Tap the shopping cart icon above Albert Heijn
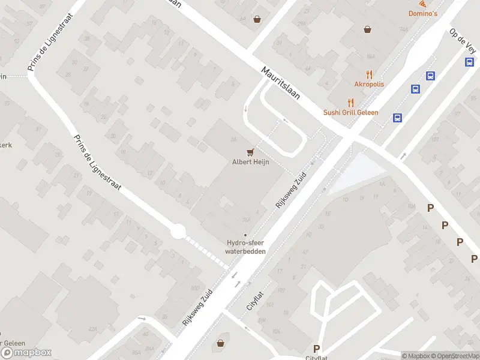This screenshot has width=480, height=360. (x=250, y=152)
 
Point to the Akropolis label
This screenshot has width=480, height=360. (x=369, y=85)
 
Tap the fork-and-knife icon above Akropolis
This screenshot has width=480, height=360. (x=369, y=75)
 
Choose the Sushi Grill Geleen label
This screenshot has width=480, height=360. (x=351, y=112)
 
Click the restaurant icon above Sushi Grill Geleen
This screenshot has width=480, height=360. (x=351, y=103)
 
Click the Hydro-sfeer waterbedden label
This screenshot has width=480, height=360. (x=245, y=247)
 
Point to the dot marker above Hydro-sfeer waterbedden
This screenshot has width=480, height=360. (x=245, y=235)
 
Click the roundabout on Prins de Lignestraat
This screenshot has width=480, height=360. (x=177, y=231)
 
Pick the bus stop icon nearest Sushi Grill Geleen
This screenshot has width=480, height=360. (x=397, y=118)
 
